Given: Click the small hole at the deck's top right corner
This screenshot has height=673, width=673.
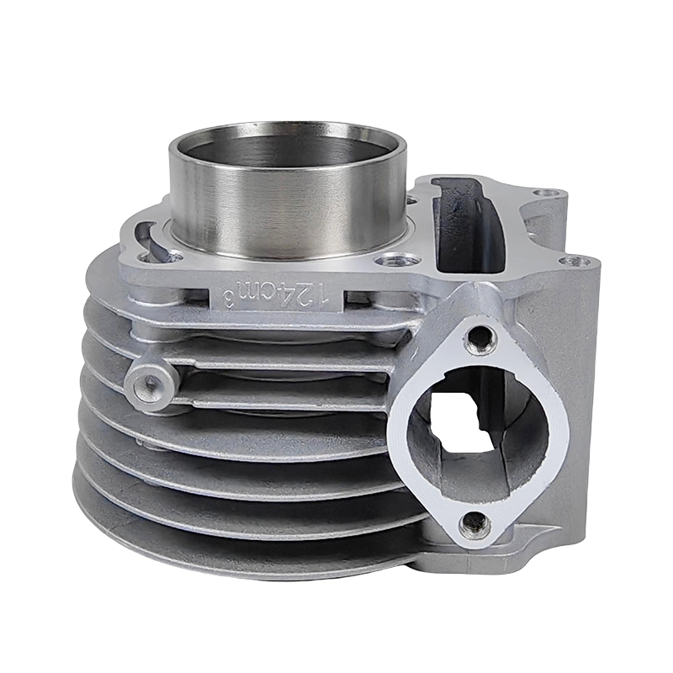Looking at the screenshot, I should click(x=550, y=194).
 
